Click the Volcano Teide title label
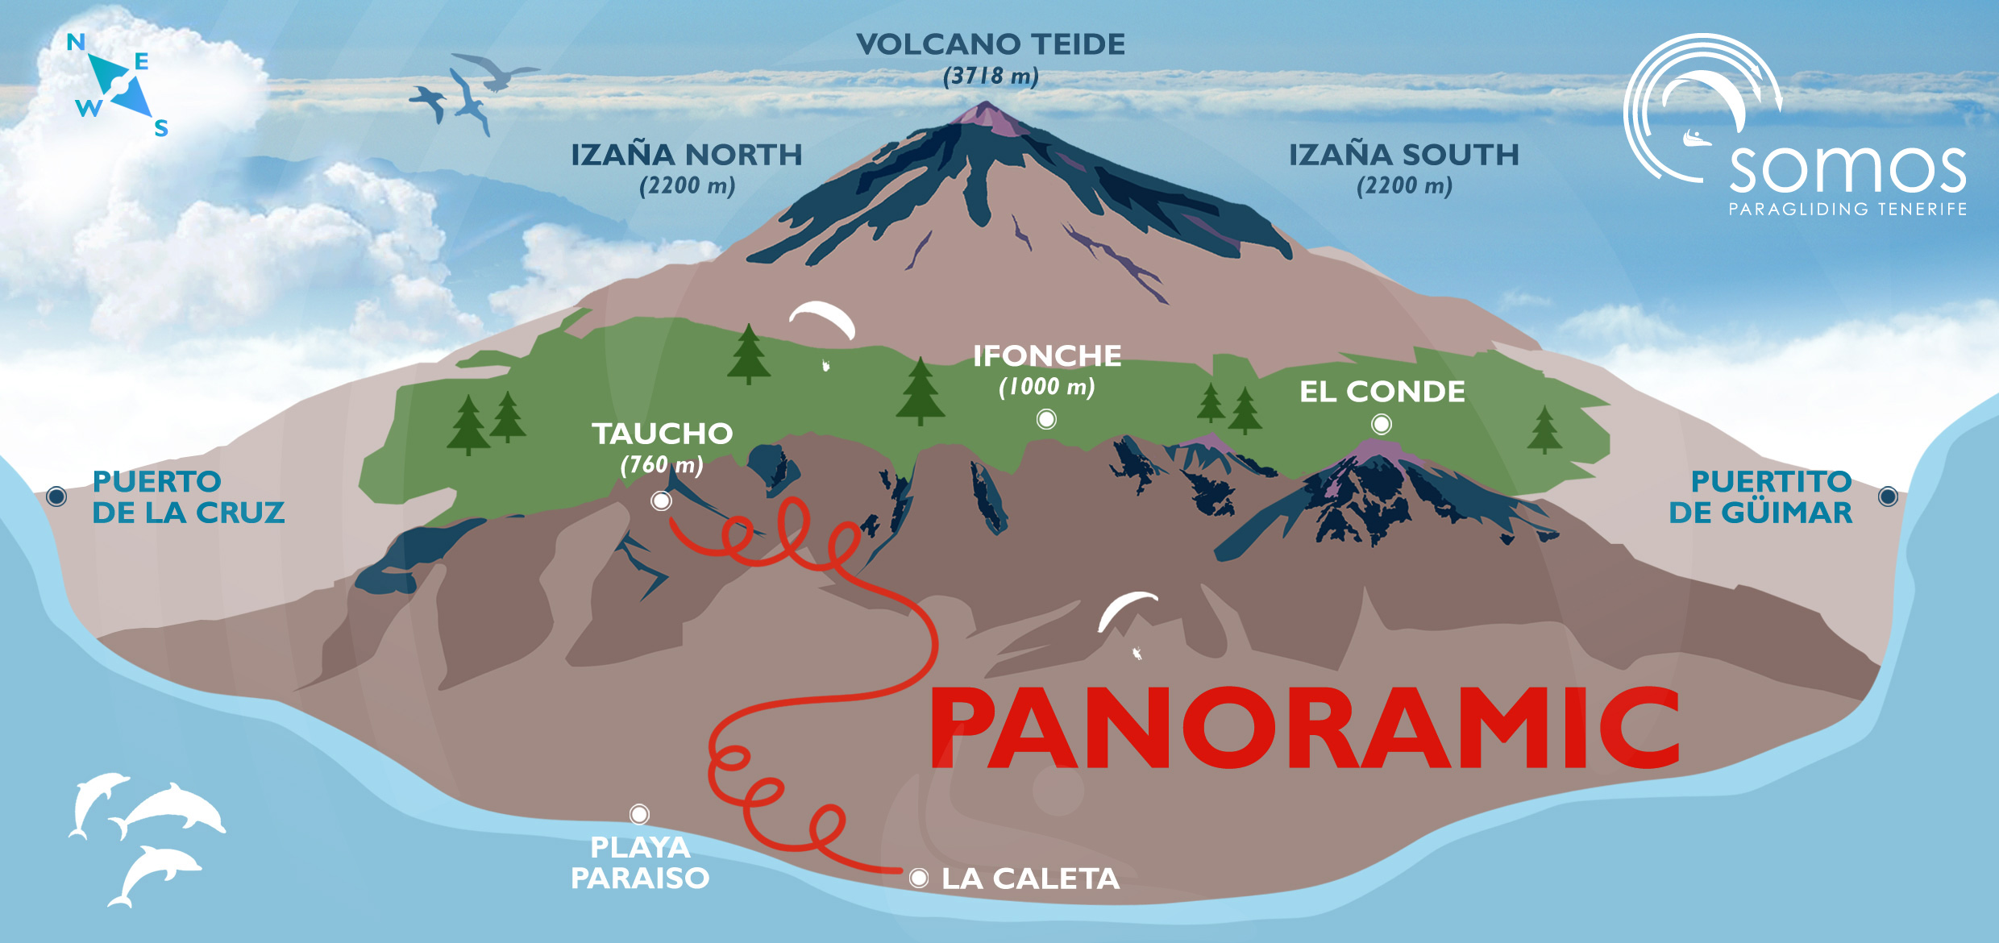click(x=991, y=44)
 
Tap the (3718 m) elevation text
click(x=991, y=77)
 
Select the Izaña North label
click(x=687, y=155)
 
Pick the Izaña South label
click(x=1403, y=155)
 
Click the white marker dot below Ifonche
click(x=1046, y=419)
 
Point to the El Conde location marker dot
click(x=1382, y=424)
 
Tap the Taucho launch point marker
click(x=661, y=501)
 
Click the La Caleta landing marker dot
click(x=918, y=879)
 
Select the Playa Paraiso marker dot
click(x=639, y=814)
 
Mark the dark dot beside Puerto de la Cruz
click(x=56, y=496)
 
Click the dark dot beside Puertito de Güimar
click(x=1888, y=496)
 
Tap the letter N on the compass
click(x=76, y=42)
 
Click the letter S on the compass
click(x=161, y=128)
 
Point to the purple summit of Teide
click(x=985, y=114)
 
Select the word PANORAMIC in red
click(x=1304, y=728)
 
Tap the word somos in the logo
click(x=1847, y=168)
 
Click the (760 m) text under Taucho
click(x=662, y=465)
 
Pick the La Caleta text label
click(x=1030, y=879)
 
